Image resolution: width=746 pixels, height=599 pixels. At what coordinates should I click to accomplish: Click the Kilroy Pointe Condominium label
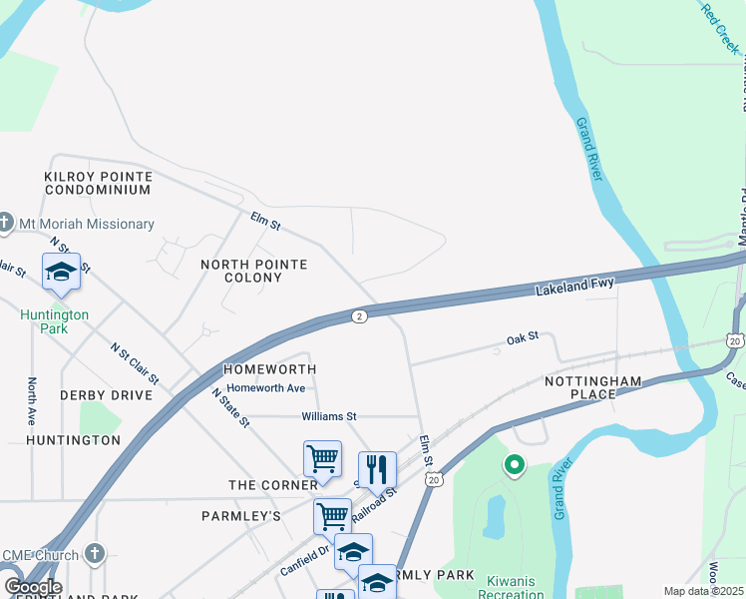pyautogui.click(x=98, y=183)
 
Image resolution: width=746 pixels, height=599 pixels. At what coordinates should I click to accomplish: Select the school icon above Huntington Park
pyautogui.click(x=61, y=272)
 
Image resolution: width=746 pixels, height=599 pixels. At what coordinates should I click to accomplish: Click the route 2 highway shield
pyautogui.click(x=359, y=316)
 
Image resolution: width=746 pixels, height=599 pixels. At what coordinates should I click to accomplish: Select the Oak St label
pyautogui.click(x=522, y=338)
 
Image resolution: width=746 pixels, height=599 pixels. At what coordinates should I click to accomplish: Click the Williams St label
pyautogui.click(x=329, y=415)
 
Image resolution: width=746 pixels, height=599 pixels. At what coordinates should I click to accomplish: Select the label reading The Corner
pyautogui.click(x=272, y=485)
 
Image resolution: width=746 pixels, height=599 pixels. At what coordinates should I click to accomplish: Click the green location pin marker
pyautogui.click(x=515, y=464)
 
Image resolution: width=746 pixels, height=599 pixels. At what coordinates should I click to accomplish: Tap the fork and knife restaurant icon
pyautogui.click(x=377, y=469)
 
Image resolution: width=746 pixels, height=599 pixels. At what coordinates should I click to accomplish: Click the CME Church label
pyautogui.click(x=42, y=554)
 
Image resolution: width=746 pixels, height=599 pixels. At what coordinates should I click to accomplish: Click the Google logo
pyautogui.click(x=33, y=586)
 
